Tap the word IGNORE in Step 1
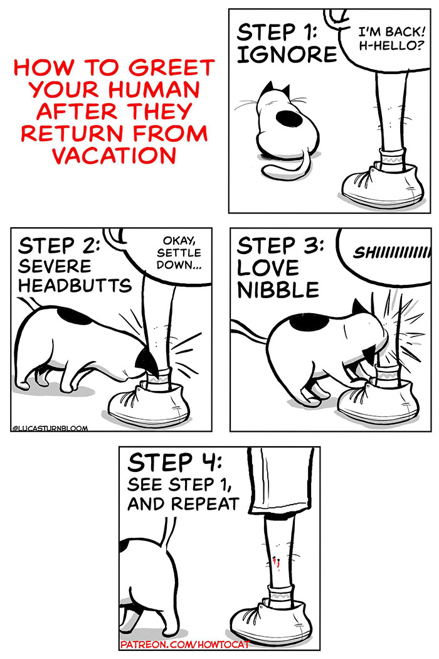[x=287, y=55]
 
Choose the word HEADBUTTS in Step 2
[x=75, y=286]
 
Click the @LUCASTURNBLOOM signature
[x=50, y=428]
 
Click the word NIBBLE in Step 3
[x=278, y=289]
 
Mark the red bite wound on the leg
[x=274, y=562]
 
